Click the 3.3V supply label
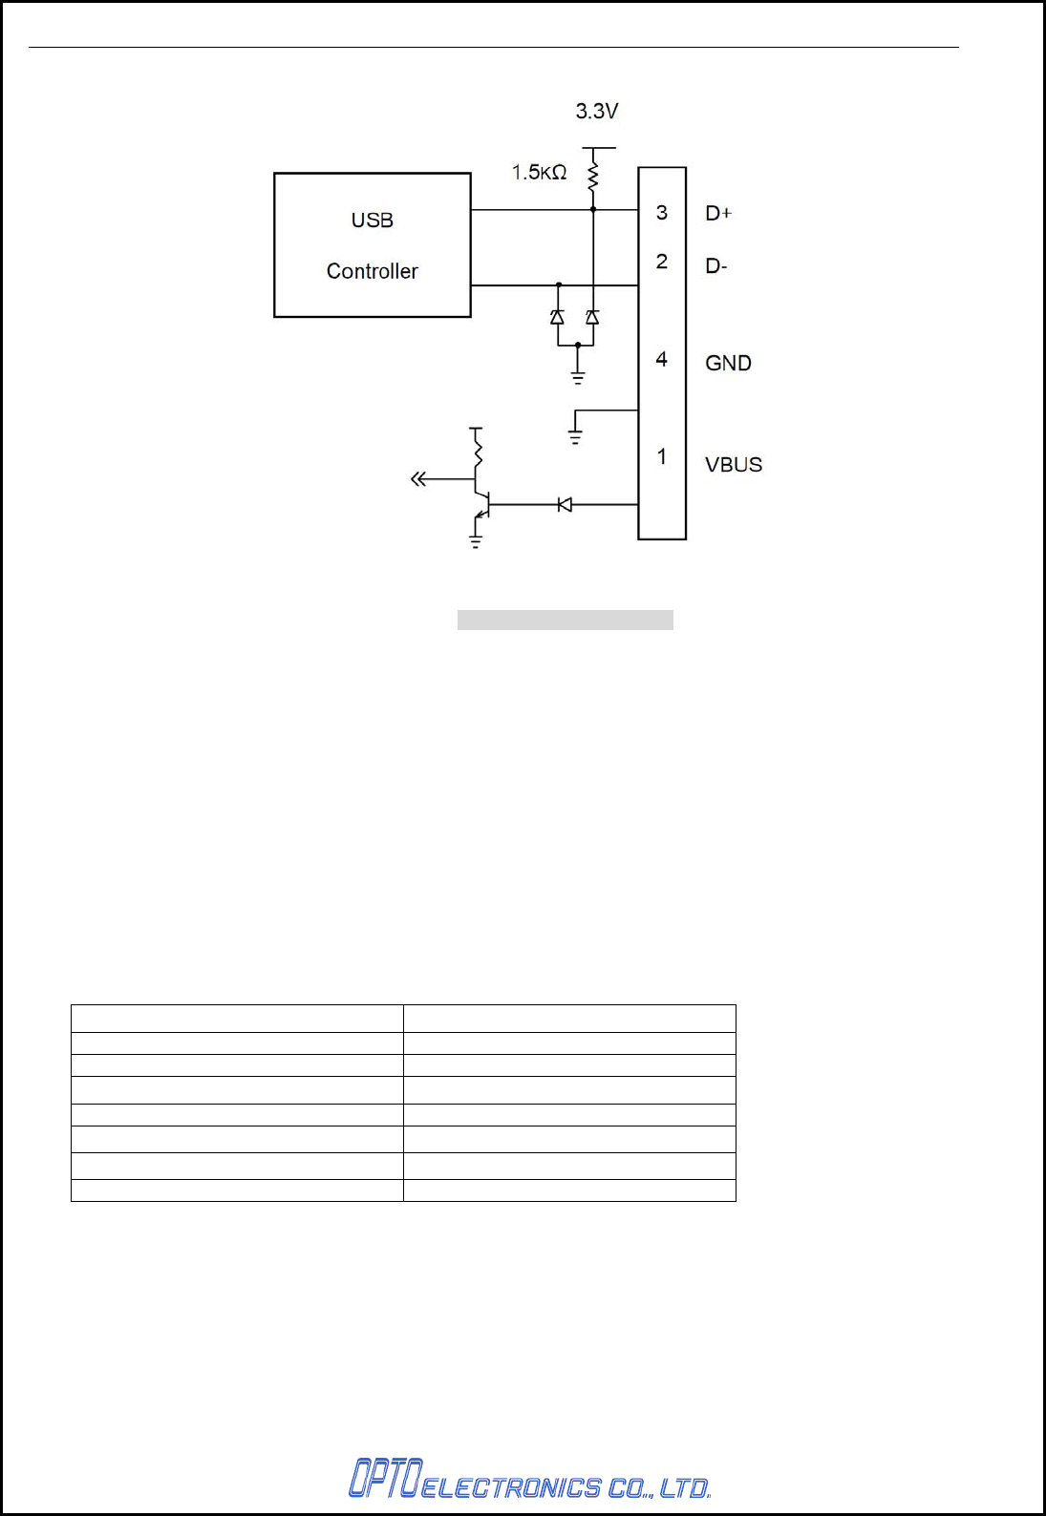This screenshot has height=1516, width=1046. (x=596, y=112)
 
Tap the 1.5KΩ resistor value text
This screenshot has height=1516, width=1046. (x=539, y=173)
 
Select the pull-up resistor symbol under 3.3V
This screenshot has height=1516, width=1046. (x=592, y=176)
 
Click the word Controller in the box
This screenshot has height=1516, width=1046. (x=372, y=271)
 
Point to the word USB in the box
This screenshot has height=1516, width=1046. (x=372, y=221)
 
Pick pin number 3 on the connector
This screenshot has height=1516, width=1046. (x=661, y=212)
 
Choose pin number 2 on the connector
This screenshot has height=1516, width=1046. (x=661, y=262)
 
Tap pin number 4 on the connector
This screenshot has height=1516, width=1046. (x=661, y=360)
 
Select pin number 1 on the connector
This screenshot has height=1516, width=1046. (x=661, y=457)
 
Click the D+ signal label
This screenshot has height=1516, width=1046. (x=718, y=214)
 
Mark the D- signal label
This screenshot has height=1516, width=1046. (x=716, y=266)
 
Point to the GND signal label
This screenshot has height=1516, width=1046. (x=728, y=364)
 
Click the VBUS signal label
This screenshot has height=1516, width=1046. (x=734, y=465)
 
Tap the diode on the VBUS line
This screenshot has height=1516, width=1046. (x=565, y=504)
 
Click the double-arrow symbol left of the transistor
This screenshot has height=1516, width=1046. (x=417, y=479)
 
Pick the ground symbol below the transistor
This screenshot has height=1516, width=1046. (x=476, y=542)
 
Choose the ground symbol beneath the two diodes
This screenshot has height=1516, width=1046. (x=578, y=378)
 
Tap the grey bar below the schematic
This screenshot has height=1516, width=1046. (x=565, y=621)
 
